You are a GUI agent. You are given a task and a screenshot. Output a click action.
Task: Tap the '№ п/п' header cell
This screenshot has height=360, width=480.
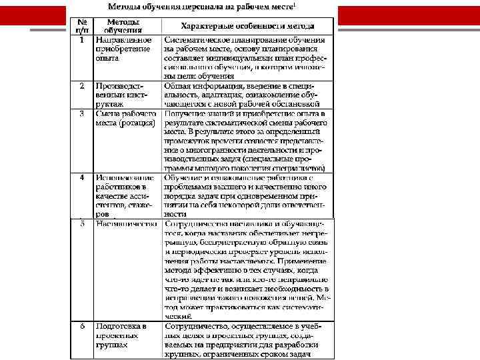pos(81,26)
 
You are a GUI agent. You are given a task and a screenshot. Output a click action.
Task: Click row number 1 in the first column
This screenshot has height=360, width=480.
pos(81,40)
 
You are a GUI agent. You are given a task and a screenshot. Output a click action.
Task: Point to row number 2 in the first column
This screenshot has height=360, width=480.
pos(81,87)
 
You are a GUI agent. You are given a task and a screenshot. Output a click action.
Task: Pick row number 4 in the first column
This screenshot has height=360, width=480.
pos(81,178)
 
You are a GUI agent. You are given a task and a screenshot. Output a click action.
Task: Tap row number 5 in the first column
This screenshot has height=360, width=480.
pos(81,224)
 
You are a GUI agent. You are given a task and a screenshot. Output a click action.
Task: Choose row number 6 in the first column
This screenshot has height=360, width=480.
pos(81,326)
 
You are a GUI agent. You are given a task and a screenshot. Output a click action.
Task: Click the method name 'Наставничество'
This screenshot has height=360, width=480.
pos(125,224)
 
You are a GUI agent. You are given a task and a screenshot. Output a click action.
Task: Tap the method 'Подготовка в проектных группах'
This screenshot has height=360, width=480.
pos(121,335)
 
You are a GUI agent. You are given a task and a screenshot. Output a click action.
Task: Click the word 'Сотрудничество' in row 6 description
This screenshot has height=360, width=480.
pos(197,326)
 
